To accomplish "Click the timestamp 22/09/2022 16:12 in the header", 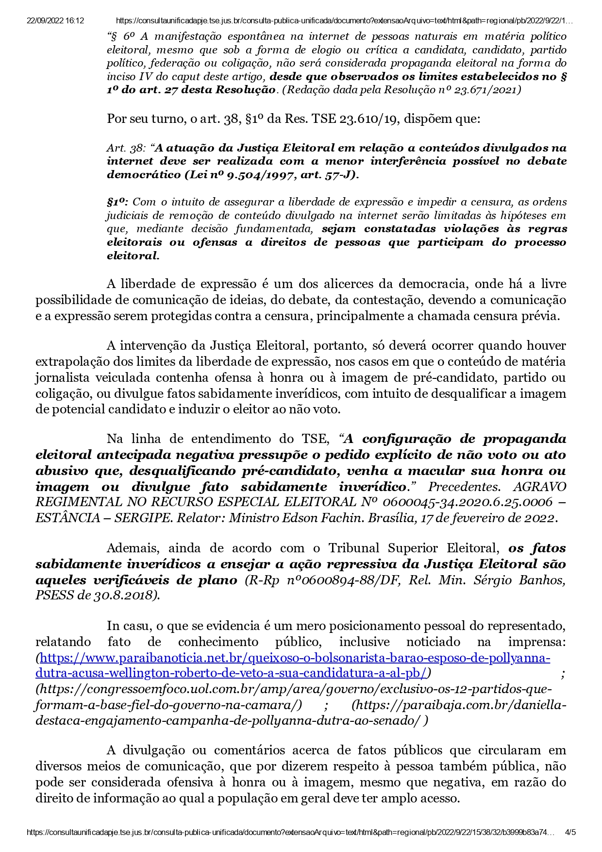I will click(x=55, y=21).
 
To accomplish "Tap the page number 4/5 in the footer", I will click(x=570, y=832).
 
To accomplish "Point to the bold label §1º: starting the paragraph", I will click(x=117, y=202).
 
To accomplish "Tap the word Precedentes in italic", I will click(x=467, y=487).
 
